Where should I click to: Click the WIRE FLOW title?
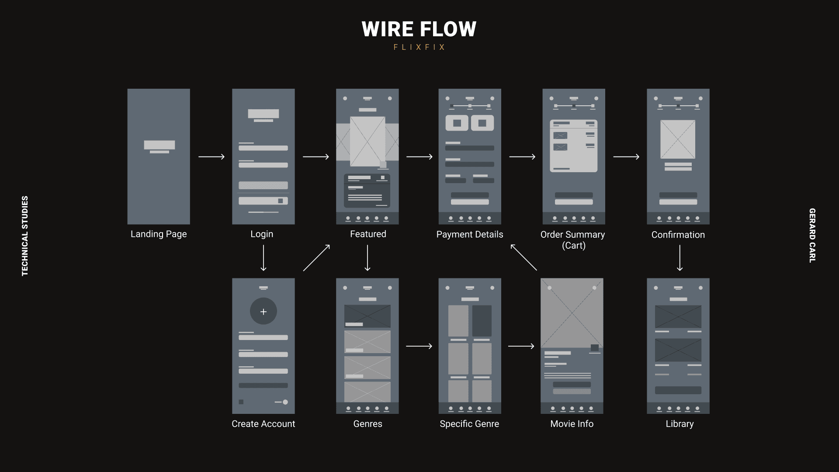tap(419, 29)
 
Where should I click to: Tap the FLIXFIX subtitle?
tap(419, 47)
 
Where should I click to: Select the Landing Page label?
tap(159, 234)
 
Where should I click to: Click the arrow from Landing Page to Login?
tap(211, 156)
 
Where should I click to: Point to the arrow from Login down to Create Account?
tap(263, 258)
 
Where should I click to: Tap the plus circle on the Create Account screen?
tap(263, 312)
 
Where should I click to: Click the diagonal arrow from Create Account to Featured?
tap(316, 258)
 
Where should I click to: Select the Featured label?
tap(368, 234)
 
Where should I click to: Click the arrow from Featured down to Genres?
tap(367, 258)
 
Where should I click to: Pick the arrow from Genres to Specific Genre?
tap(419, 346)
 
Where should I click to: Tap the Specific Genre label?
tap(469, 424)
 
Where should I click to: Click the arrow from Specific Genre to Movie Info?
tap(521, 346)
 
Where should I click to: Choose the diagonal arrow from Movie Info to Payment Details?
tap(524, 257)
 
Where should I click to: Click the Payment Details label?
tap(470, 235)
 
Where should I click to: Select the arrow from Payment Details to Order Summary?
tap(522, 156)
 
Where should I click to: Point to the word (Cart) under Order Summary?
tap(573, 246)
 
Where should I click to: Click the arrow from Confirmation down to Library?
tap(680, 258)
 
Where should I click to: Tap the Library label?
tap(680, 424)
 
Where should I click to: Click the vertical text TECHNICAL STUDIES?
tap(25, 236)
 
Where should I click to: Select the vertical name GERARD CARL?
tap(812, 236)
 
